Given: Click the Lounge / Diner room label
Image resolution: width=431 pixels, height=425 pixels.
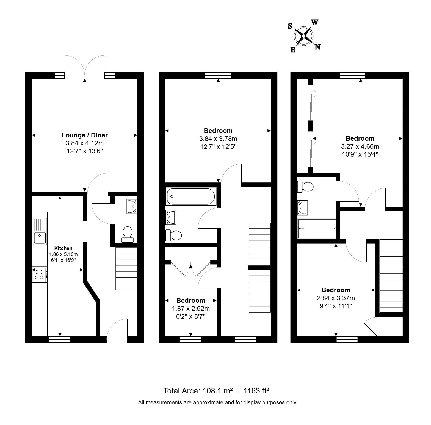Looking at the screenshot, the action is (x=85, y=135).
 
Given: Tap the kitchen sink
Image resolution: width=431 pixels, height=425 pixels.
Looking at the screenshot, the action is (x=40, y=231).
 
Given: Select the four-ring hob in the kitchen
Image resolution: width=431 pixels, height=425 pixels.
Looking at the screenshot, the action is (x=40, y=274).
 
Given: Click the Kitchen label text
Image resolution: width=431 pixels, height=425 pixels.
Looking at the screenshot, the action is (x=63, y=248).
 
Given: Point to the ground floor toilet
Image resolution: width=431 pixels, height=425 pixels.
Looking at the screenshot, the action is (x=128, y=234).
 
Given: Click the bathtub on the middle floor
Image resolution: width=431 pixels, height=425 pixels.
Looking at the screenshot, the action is (x=191, y=196).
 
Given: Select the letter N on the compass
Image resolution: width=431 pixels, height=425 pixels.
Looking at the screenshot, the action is (x=317, y=47).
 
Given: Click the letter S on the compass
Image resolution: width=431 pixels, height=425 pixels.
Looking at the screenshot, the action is (x=290, y=26).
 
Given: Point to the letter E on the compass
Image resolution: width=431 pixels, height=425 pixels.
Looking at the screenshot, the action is (x=293, y=50).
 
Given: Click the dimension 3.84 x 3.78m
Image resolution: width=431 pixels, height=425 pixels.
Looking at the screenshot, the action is (x=218, y=139).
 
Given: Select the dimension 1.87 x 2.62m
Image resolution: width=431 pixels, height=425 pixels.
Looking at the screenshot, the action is (x=191, y=309).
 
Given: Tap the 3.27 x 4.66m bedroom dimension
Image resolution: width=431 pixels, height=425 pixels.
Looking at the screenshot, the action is (x=360, y=146).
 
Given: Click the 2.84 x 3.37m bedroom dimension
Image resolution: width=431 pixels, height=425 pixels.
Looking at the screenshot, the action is (x=336, y=298).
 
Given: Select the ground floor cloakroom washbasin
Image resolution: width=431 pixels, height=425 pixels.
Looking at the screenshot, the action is (x=132, y=207).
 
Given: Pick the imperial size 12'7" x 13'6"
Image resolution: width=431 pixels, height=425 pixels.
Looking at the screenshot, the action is (x=85, y=151).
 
